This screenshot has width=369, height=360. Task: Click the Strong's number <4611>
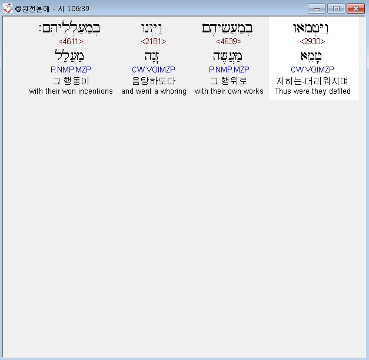pyautogui.click(x=71, y=41)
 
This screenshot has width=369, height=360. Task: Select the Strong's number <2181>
pyautogui.click(x=154, y=41)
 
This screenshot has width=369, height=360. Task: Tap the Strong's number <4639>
pyautogui.click(x=229, y=41)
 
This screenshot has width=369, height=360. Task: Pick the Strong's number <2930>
pyautogui.click(x=313, y=41)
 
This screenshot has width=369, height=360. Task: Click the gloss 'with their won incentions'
pyautogui.click(x=71, y=91)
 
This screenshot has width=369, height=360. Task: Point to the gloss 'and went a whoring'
pyautogui.click(x=154, y=91)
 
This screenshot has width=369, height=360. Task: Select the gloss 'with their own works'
pyautogui.click(x=229, y=91)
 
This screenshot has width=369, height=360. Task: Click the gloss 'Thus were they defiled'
pyautogui.click(x=313, y=91)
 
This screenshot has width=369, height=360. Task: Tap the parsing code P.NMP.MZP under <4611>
pyautogui.click(x=71, y=70)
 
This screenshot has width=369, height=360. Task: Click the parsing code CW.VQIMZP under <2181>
pyautogui.click(x=154, y=70)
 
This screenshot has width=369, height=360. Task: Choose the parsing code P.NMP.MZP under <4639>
pyautogui.click(x=229, y=70)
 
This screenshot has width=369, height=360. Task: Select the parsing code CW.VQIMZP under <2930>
pyautogui.click(x=313, y=70)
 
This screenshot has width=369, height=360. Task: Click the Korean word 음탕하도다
pyautogui.click(x=154, y=81)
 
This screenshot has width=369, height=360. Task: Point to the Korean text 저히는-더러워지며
pyautogui.click(x=313, y=81)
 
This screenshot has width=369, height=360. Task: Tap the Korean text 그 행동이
pyautogui.click(x=71, y=81)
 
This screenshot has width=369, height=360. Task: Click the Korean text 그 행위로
pyautogui.click(x=229, y=81)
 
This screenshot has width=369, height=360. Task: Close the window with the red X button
pyautogui.click(x=355, y=9)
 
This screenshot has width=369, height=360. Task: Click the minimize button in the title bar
pyautogui.click(x=317, y=9)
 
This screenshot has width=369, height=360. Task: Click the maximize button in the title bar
pyautogui.click(x=336, y=9)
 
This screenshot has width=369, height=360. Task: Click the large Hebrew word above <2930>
pyautogui.click(x=313, y=28)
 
